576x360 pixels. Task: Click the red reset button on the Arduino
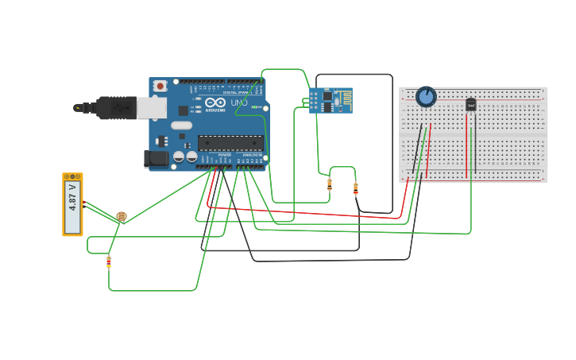coord(160,85)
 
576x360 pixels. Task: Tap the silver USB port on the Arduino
coord(151,107)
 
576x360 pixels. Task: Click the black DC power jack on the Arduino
coord(156,159)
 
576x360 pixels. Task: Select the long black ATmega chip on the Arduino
coord(230,143)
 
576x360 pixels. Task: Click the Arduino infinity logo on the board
coord(215,103)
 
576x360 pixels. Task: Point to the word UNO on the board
coord(238,103)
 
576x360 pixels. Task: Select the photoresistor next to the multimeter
coord(121,215)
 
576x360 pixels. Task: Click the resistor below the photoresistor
coord(109,261)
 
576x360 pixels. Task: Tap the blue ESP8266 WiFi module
coord(331,100)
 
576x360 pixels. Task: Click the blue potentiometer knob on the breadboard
coord(426,97)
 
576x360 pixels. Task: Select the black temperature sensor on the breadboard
coord(470,104)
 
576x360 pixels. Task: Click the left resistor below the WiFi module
coord(330,184)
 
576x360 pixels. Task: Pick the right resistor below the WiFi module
coord(355,188)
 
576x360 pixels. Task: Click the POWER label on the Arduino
coord(225,155)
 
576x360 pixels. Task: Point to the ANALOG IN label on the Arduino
coord(251,155)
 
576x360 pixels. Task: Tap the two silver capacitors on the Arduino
coord(184,157)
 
